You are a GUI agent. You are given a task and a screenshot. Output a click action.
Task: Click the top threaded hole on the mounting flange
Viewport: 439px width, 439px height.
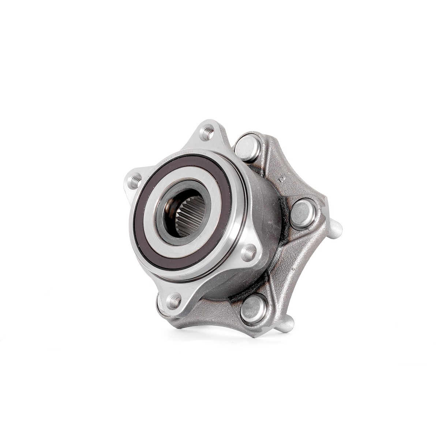[x=208, y=132]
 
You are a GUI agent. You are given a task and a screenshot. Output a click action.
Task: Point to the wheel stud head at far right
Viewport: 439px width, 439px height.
[x=303, y=213]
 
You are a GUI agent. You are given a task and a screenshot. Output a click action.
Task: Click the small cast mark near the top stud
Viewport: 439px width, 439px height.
[x=282, y=179]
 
